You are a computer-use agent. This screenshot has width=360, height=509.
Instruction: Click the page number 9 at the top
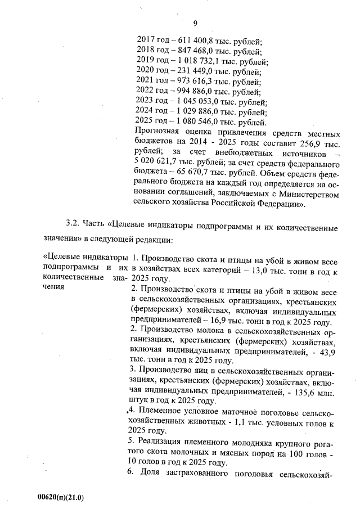point(195,23)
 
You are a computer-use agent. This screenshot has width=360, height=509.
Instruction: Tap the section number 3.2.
point(74,227)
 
